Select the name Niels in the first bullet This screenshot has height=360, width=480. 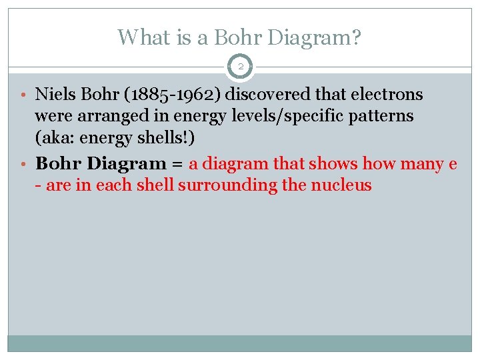pyautogui.click(x=53, y=95)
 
